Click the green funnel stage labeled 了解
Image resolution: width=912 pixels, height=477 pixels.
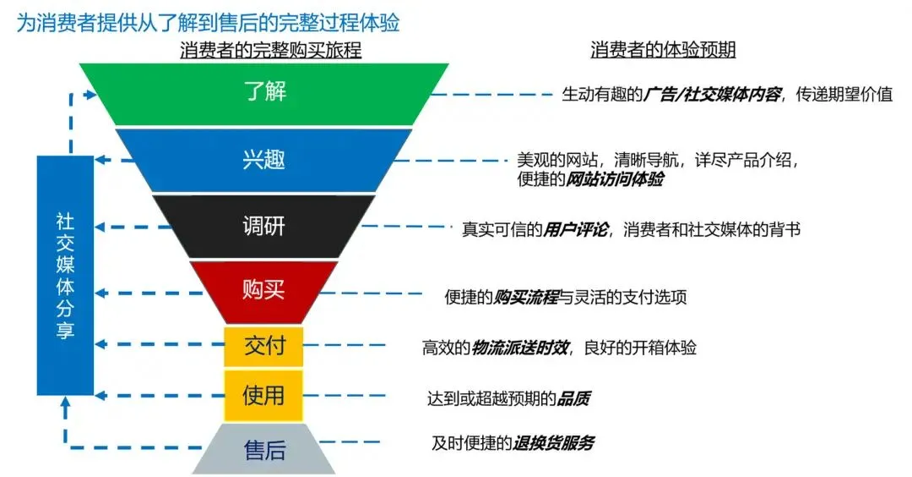(264, 90)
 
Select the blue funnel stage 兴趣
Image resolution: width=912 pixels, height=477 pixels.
(264, 158)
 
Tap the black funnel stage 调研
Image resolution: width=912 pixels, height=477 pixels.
(264, 226)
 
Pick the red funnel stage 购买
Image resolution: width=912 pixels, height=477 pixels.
(264, 290)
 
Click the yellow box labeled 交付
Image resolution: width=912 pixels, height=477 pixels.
(263, 346)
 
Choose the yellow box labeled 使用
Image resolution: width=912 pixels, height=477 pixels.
(263, 395)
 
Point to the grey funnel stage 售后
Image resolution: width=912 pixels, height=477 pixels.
(264, 449)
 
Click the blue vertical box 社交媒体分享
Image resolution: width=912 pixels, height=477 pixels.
(65, 275)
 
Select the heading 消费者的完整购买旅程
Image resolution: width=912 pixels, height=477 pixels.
(270, 51)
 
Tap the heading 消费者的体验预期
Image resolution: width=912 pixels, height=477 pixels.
(663, 51)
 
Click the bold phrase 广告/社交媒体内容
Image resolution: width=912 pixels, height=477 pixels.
(713, 95)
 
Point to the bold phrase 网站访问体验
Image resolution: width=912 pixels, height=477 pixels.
(615, 179)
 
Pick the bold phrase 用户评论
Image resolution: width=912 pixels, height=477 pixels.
(581, 229)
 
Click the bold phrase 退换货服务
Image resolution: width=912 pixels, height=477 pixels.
(554, 442)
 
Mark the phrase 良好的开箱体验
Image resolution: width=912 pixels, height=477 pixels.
(642, 348)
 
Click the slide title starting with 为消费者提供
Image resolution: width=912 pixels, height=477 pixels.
(208, 22)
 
